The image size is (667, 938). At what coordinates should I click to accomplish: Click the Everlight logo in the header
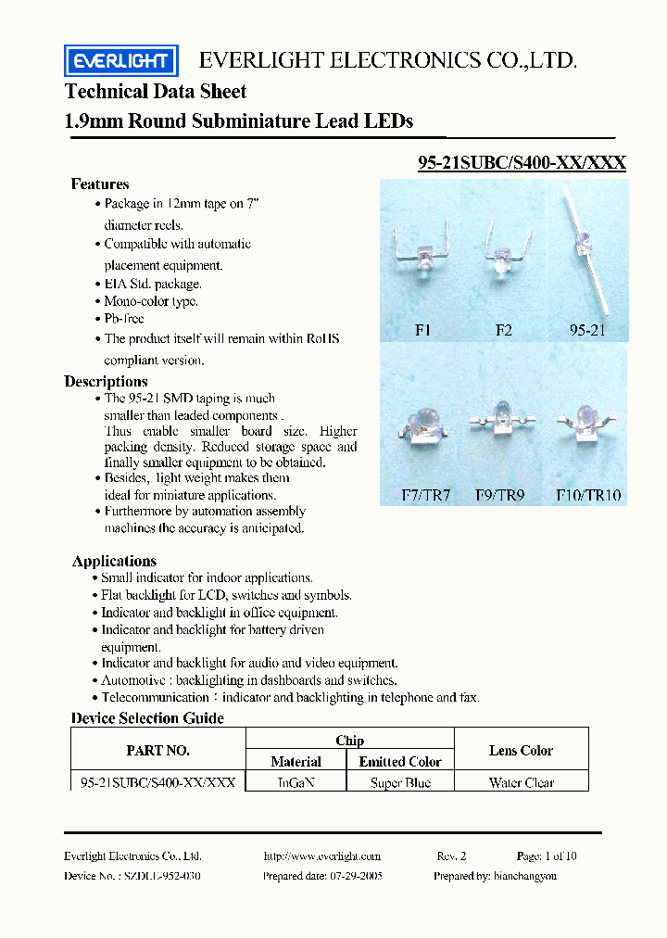120,61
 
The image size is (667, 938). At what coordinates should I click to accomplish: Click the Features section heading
100,184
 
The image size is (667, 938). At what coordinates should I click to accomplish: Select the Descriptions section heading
106,382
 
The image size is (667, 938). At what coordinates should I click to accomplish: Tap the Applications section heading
114,561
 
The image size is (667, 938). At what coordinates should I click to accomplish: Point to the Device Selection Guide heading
147,718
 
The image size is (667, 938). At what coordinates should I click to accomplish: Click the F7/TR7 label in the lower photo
425,495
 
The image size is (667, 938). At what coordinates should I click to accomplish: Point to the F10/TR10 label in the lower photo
588,495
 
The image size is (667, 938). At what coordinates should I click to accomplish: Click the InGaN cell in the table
296,782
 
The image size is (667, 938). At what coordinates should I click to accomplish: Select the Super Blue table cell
400,782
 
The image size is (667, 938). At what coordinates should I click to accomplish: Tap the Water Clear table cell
522,782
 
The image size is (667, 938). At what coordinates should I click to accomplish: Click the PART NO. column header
157,751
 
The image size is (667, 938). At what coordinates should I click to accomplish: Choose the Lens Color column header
522,751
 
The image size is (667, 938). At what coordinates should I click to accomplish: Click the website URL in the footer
321,856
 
